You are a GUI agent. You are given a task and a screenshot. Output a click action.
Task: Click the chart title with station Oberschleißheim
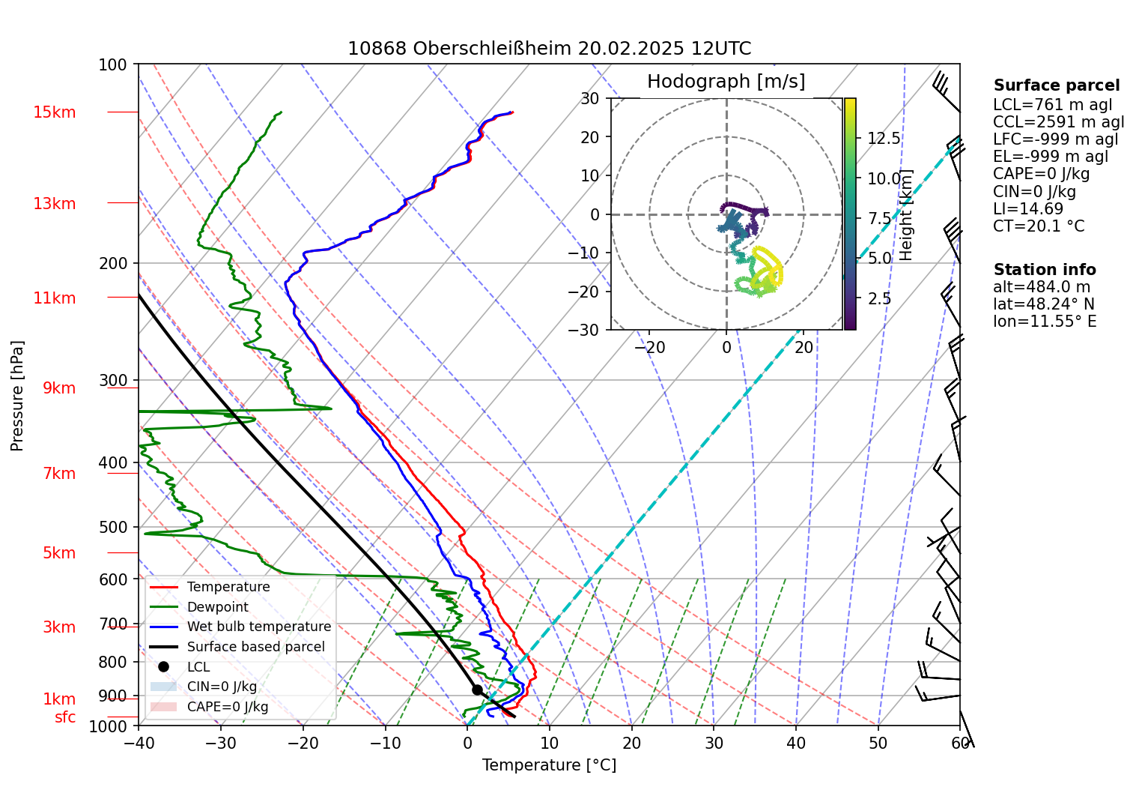[549, 49]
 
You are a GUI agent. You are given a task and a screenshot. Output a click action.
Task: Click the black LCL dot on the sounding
[477, 690]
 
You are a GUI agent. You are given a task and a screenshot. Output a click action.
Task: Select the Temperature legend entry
[228, 587]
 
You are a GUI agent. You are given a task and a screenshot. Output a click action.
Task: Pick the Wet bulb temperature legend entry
[258, 627]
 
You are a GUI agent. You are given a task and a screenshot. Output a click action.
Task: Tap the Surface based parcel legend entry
[255, 647]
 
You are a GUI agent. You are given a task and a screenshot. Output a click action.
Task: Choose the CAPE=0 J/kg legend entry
[227, 707]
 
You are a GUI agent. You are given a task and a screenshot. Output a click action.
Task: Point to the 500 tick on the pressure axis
[113, 527]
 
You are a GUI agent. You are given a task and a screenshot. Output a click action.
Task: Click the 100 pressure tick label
[113, 64]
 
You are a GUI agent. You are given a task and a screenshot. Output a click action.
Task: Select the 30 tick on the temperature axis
[714, 744]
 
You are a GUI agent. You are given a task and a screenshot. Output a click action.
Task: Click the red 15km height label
[54, 112]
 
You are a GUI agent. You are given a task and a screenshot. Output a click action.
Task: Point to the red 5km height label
[59, 553]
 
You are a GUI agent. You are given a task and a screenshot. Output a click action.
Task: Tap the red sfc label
[65, 717]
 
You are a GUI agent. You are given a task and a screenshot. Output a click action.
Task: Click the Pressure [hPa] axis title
[17, 396]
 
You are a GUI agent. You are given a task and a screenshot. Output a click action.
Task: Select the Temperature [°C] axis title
[549, 765]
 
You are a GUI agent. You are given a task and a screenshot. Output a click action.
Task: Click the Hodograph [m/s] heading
[726, 82]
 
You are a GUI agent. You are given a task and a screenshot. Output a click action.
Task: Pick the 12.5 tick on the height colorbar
[884, 139]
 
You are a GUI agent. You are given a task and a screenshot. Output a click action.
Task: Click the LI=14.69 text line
[1027, 209]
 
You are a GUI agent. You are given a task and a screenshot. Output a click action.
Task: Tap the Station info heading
[1044, 270]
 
